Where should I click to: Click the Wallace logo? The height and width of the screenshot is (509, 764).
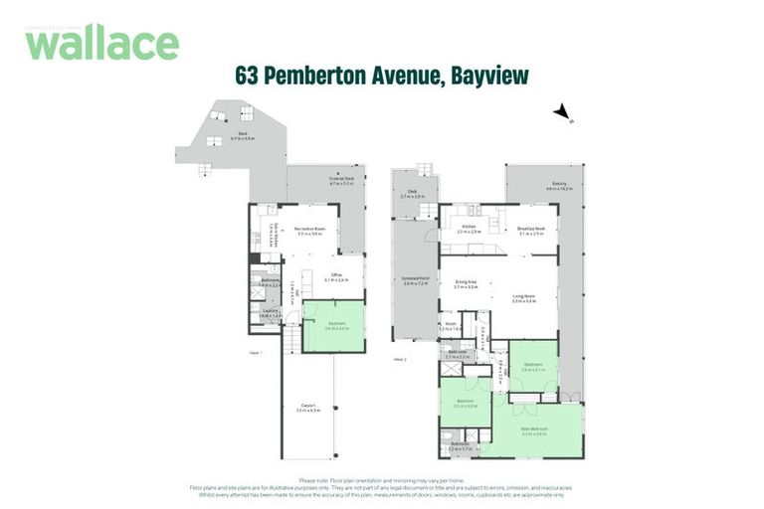(x=101, y=43)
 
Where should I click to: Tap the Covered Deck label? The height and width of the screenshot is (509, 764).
(x=343, y=181)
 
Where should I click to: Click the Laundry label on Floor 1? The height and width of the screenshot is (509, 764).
(x=269, y=312)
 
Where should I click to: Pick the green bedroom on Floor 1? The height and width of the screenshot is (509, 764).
(x=333, y=325)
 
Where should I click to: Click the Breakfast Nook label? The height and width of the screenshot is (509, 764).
(x=531, y=232)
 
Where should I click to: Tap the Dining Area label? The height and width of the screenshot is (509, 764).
(x=467, y=283)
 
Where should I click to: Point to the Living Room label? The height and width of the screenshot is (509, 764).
(x=523, y=298)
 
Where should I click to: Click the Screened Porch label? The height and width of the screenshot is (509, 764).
(x=415, y=281)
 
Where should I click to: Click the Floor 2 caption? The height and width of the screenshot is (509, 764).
(x=400, y=358)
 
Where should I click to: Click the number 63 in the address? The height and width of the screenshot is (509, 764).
(x=248, y=76)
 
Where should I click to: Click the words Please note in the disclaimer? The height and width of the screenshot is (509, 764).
(x=327, y=479)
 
